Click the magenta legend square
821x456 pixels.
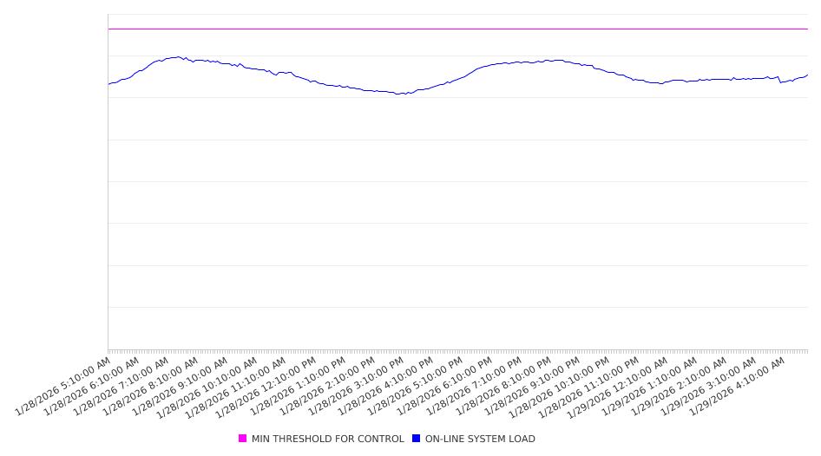tap(243, 439)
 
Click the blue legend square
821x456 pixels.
tap(417, 439)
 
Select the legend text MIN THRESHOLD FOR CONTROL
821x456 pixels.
tap(327, 439)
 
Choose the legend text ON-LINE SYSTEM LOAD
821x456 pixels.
tap(480, 439)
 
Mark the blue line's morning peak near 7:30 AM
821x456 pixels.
tap(178, 57)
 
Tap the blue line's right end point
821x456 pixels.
tap(807, 75)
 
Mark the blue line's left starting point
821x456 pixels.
tap(108, 84)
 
